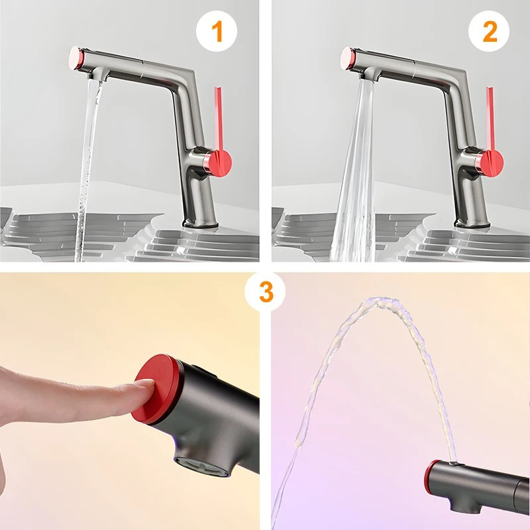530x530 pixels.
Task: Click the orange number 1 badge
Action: coord(217,31)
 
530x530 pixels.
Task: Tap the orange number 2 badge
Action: coord(489,31)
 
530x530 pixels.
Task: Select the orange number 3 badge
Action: coord(265,292)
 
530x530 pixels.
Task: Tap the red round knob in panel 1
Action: coord(220,164)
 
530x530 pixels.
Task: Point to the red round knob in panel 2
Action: coord(492,164)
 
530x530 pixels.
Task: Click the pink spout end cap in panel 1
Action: coord(76,58)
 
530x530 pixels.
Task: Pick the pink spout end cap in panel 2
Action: coord(347,58)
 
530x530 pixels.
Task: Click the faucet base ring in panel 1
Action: coord(200,223)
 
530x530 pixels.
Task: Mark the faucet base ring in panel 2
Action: coord(472,223)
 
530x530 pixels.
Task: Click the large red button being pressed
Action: coord(156,389)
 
